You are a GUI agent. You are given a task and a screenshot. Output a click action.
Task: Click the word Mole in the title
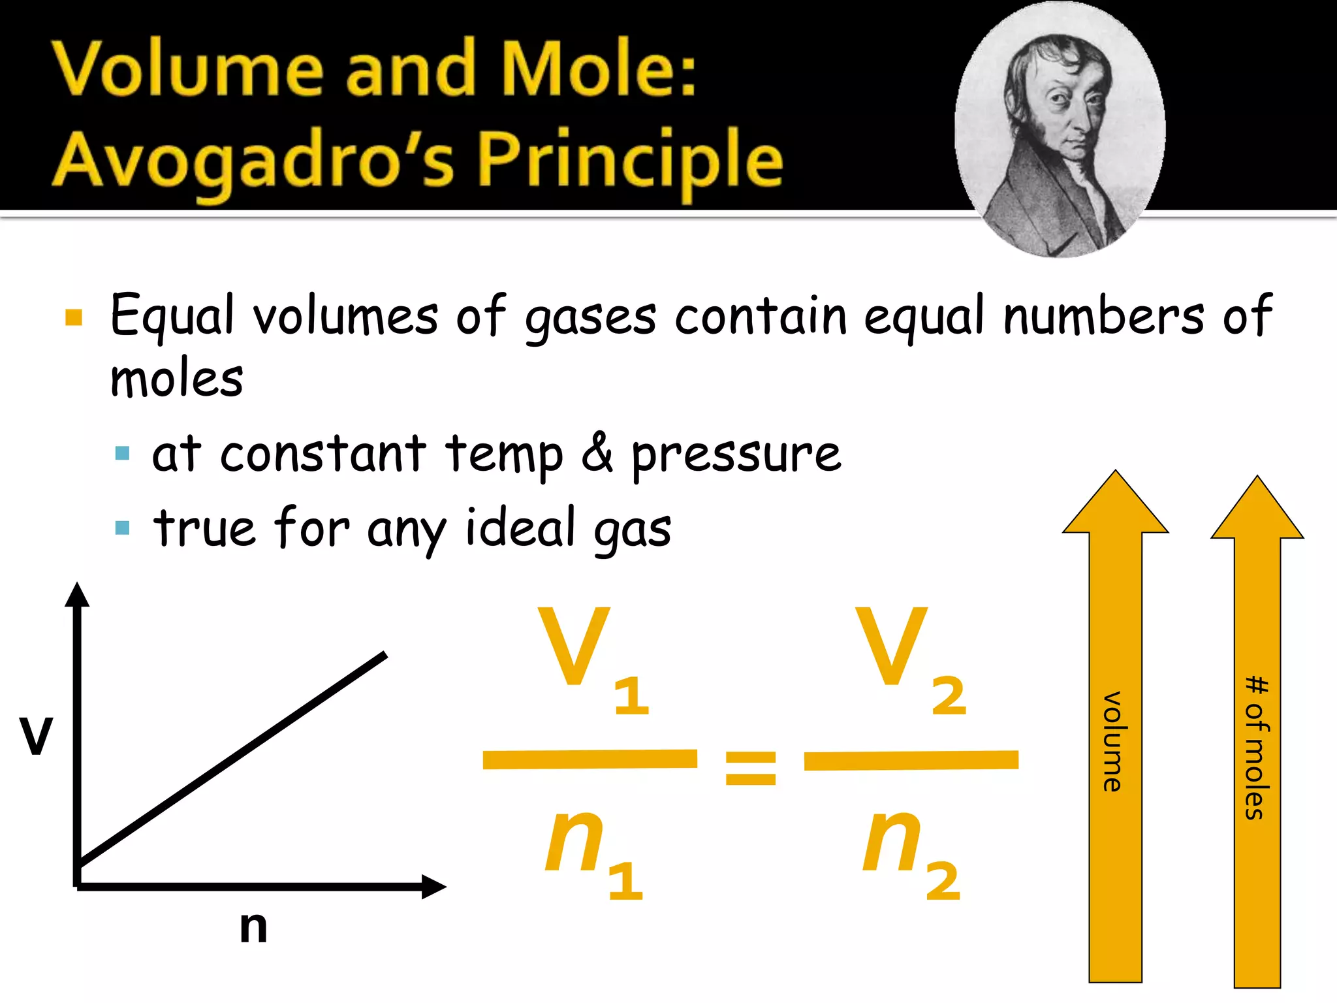[x=591, y=69]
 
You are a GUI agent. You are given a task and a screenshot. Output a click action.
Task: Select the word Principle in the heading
[x=630, y=160]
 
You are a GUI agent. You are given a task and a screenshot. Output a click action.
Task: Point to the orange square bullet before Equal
[x=74, y=317]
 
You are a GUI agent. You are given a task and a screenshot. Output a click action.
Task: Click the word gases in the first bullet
[x=591, y=317]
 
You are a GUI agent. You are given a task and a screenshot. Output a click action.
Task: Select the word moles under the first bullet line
[x=176, y=379]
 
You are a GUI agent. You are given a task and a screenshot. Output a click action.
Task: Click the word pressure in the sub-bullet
[x=736, y=454]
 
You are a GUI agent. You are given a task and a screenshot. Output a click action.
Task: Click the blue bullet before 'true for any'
[x=122, y=527]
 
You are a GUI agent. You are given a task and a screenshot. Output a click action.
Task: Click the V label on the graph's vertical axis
[x=36, y=736]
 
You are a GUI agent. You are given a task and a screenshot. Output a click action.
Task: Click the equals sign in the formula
[x=751, y=767]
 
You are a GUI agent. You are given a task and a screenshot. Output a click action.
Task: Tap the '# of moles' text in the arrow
[x=1257, y=748]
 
